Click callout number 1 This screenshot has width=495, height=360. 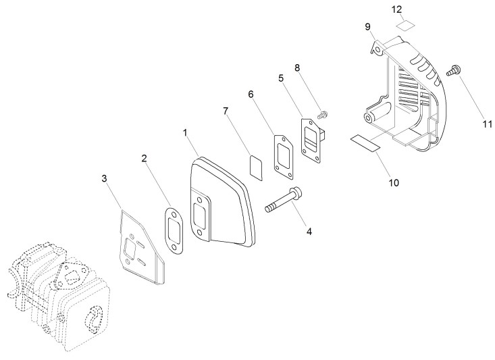coord(184,133)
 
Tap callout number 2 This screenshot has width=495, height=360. coord(144,159)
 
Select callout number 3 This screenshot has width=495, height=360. coord(104,178)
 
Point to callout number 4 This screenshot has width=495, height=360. coord(309,231)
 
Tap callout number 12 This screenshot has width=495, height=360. coord(397,9)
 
